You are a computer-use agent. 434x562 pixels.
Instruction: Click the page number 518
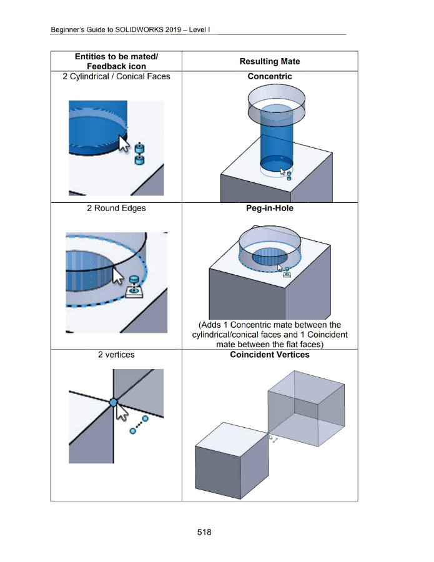pyautogui.click(x=204, y=532)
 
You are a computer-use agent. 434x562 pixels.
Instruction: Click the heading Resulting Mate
pyautogui.click(x=270, y=61)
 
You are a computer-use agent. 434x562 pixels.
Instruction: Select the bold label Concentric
pyautogui.click(x=270, y=76)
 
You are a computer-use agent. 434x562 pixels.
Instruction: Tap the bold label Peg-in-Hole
pyautogui.click(x=270, y=208)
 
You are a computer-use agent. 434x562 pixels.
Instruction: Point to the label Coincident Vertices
pyautogui.click(x=270, y=355)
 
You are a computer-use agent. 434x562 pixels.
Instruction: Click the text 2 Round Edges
pyautogui.click(x=116, y=208)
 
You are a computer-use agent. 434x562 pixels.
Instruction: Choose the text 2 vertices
pyautogui.click(x=116, y=355)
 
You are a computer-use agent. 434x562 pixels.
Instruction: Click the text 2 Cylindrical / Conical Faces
pyautogui.click(x=116, y=76)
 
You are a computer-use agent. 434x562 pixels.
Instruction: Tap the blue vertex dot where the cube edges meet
pyautogui.click(x=113, y=403)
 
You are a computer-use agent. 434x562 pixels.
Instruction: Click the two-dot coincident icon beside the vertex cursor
pyautogui.click(x=139, y=425)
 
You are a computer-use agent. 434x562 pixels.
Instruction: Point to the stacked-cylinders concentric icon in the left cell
pyautogui.click(x=140, y=154)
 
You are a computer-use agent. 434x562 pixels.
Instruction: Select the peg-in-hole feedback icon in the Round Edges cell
pyautogui.click(x=134, y=287)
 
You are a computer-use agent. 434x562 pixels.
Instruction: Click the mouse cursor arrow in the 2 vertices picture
pyautogui.click(x=122, y=412)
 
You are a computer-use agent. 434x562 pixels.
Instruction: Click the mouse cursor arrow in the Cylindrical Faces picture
pyautogui.click(x=124, y=144)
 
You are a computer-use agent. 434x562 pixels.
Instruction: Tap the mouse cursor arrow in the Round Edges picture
pyautogui.click(x=118, y=276)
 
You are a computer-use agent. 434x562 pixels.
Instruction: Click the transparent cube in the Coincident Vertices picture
pyautogui.click(x=307, y=408)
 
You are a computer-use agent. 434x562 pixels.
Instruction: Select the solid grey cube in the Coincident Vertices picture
pyautogui.click(x=232, y=461)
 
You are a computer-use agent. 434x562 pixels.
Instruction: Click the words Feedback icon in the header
pyautogui.click(x=116, y=66)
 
